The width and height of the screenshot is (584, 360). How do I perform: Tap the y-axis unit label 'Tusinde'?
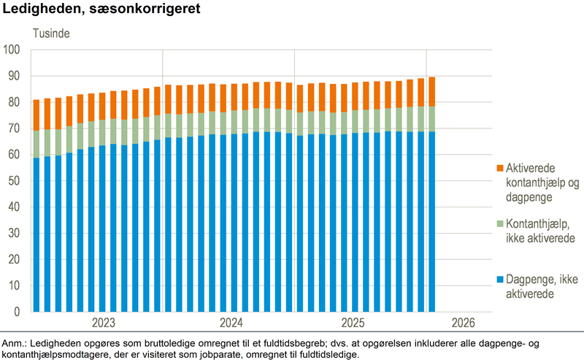(50, 34)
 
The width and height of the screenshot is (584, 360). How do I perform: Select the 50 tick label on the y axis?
(15, 181)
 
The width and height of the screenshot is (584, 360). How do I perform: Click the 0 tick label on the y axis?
(18, 312)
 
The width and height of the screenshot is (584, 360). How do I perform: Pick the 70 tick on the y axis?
(15, 129)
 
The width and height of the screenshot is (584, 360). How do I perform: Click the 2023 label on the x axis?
(103, 323)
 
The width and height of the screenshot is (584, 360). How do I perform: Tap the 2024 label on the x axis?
(231, 323)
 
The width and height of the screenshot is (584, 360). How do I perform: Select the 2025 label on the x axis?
(353, 323)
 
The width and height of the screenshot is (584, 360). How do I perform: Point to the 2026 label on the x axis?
(464, 323)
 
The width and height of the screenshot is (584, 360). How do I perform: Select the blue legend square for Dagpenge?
(501, 280)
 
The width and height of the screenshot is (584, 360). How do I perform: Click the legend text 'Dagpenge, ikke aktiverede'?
(537, 287)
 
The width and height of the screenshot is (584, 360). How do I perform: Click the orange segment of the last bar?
(432, 91)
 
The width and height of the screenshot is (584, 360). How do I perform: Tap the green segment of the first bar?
(36, 144)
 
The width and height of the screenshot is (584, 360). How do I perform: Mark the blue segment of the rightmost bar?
(432, 219)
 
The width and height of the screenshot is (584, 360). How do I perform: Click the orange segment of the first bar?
(36, 115)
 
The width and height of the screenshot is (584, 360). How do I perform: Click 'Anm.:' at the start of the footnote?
(15, 343)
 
